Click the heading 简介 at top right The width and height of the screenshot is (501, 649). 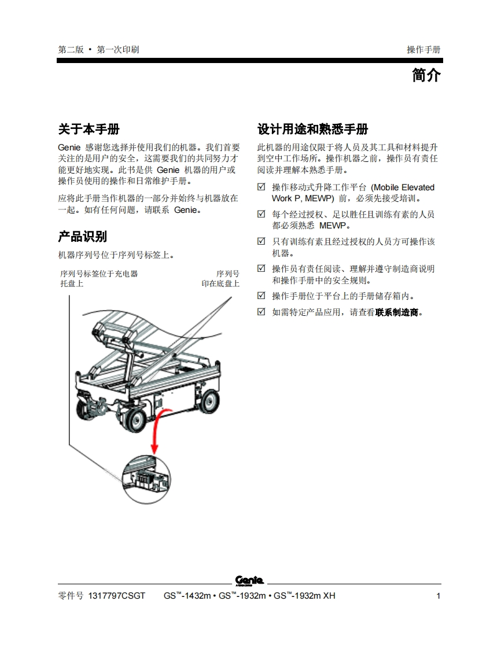point(426,75)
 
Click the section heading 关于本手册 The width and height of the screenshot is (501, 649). point(89,129)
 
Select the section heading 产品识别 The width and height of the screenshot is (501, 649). point(82,237)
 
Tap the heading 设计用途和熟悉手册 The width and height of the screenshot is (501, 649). point(312,129)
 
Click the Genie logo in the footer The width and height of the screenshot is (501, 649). point(249,580)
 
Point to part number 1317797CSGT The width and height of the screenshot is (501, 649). point(117,596)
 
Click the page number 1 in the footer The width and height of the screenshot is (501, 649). point(439,596)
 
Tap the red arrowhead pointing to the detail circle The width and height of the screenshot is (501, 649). point(155,448)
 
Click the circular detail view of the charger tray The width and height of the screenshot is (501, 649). point(146,480)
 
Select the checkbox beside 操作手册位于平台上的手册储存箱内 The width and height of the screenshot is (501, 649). point(261,296)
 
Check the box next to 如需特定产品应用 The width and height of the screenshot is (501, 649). point(261,311)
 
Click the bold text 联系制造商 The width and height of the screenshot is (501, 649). point(397,312)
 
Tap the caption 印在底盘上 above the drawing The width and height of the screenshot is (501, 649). point(220,283)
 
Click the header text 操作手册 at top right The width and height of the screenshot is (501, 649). point(423,50)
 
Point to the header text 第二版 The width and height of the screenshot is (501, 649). point(71,50)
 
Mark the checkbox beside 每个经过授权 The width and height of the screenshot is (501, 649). point(261,213)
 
